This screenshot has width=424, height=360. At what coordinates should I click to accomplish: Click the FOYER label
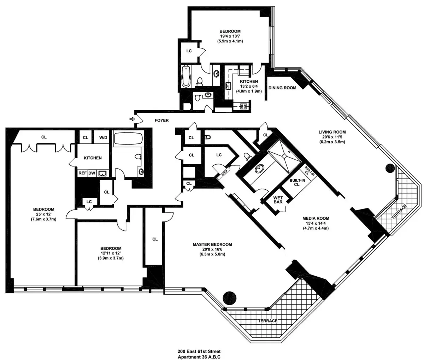(x=161, y=120)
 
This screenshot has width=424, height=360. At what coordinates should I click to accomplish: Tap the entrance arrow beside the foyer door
(x=132, y=119)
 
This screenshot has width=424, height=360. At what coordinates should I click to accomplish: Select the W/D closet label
(x=103, y=137)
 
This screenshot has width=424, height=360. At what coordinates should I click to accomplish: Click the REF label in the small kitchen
(x=82, y=173)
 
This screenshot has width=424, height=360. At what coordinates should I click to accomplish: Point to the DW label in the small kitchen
(x=92, y=173)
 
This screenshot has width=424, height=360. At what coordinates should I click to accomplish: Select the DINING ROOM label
(x=282, y=88)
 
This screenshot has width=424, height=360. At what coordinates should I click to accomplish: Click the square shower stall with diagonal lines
(x=283, y=152)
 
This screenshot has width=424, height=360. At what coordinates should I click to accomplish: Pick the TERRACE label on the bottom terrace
(x=267, y=321)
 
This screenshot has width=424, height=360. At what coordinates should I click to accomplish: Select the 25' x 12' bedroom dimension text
(x=43, y=214)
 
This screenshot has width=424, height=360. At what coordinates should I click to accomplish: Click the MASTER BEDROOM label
(x=212, y=244)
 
